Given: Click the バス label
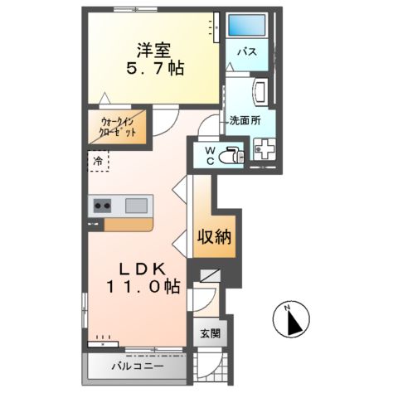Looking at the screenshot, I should coord(246,52).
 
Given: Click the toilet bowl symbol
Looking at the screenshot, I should coord(231,154).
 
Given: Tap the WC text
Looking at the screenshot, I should coord(211,155).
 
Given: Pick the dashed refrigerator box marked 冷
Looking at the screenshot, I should coord(99,161).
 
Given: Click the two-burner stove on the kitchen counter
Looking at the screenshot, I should coord(104,205).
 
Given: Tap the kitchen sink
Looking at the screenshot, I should coord(138,205).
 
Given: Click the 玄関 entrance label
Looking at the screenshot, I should coord(210,334).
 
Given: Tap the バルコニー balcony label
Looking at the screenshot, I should coord(138,366).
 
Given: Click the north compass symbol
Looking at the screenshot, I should coord(292,319).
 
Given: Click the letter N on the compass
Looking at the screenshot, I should coord(289,309).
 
